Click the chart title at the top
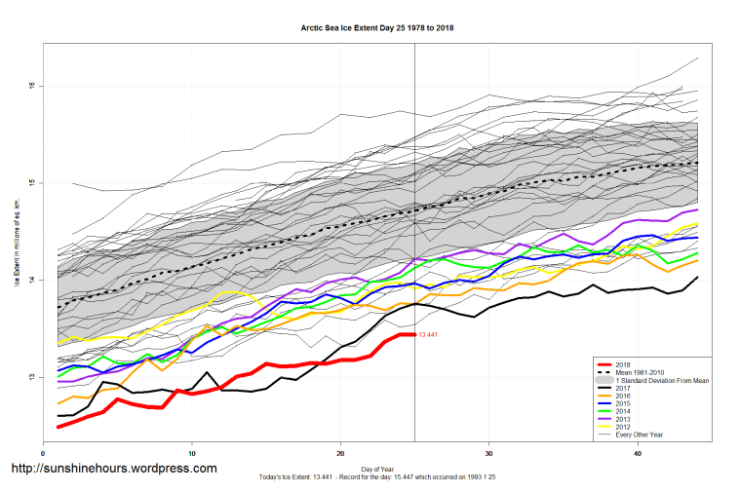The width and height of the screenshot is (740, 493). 377,28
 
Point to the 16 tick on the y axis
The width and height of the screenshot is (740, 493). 32,85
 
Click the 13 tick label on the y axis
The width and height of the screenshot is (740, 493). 32,377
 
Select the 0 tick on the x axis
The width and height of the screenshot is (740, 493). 44,453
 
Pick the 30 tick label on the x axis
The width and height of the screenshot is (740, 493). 488,453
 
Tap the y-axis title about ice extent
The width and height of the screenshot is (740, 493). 18,245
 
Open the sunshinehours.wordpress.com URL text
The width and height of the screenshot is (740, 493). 113,469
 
